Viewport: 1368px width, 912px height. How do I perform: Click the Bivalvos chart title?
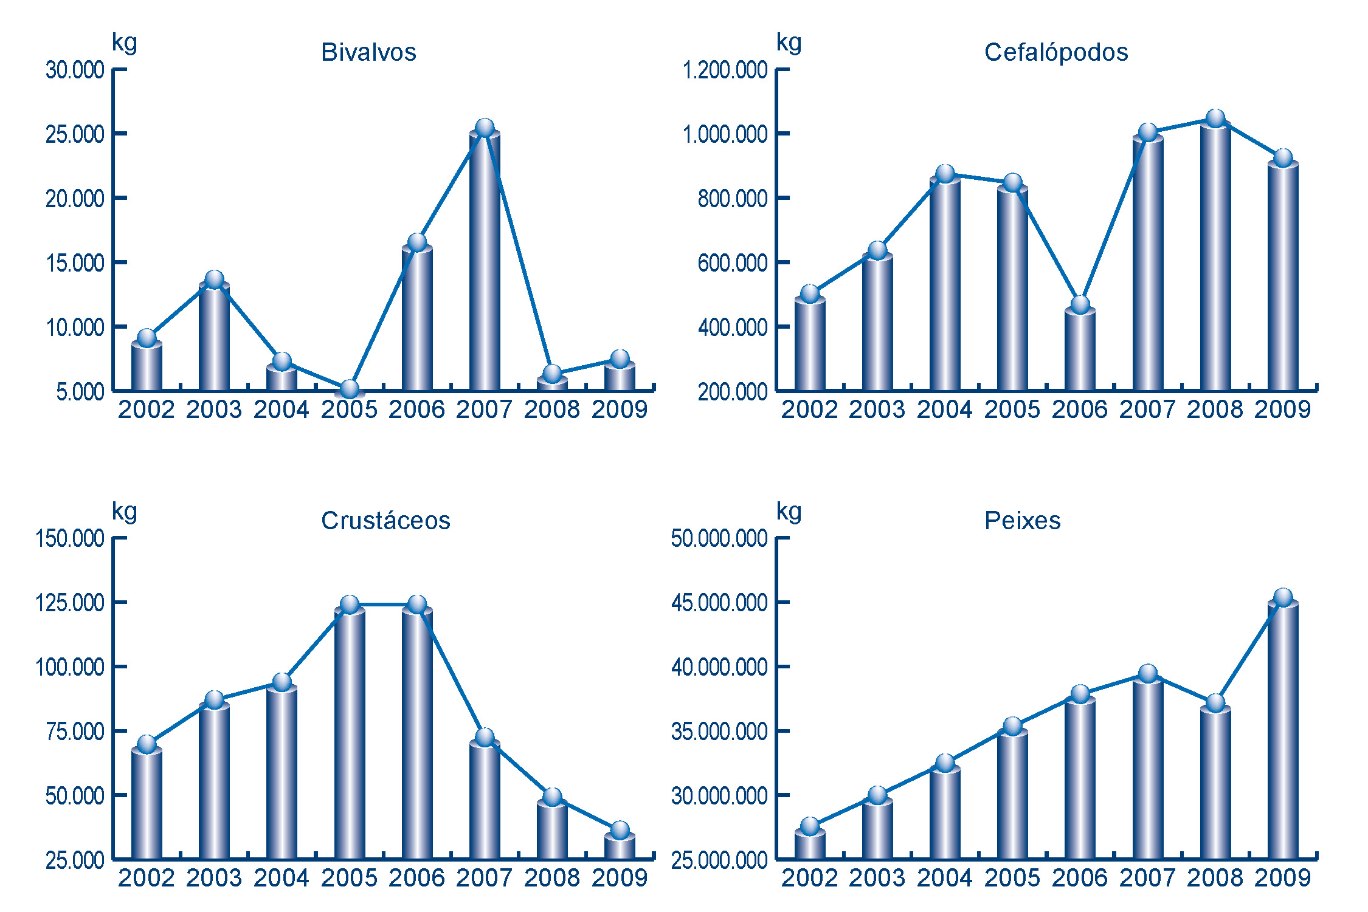click(368, 52)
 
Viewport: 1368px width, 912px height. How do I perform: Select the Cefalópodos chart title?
click(1056, 52)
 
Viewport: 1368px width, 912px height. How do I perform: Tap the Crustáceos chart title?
click(385, 521)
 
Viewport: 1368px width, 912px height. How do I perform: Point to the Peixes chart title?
click(1023, 521)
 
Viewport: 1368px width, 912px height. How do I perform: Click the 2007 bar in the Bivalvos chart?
click(485, 261)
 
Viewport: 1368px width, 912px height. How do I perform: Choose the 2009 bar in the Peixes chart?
click(1283, 729)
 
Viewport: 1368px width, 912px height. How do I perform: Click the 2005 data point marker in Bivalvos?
click(350, 389)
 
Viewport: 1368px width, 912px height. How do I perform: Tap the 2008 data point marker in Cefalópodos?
click(1215, 118)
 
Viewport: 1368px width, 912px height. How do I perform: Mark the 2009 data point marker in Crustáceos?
click(620, 830)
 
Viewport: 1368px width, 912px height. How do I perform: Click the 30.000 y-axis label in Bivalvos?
click(75, 70)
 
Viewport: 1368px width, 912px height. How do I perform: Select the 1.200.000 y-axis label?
click(725, 70)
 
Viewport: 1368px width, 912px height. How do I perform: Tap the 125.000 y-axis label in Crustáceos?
click(70, 603)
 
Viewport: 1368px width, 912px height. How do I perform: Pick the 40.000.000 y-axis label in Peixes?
click(719, 667)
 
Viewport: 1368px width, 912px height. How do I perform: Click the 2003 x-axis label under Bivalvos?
click(214, 410)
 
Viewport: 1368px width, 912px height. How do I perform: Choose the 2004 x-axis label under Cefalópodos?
click(945, 410)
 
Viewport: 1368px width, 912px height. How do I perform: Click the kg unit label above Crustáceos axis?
click(125, 512)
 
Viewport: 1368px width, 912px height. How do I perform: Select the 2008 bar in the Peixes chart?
click(1215, 784)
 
